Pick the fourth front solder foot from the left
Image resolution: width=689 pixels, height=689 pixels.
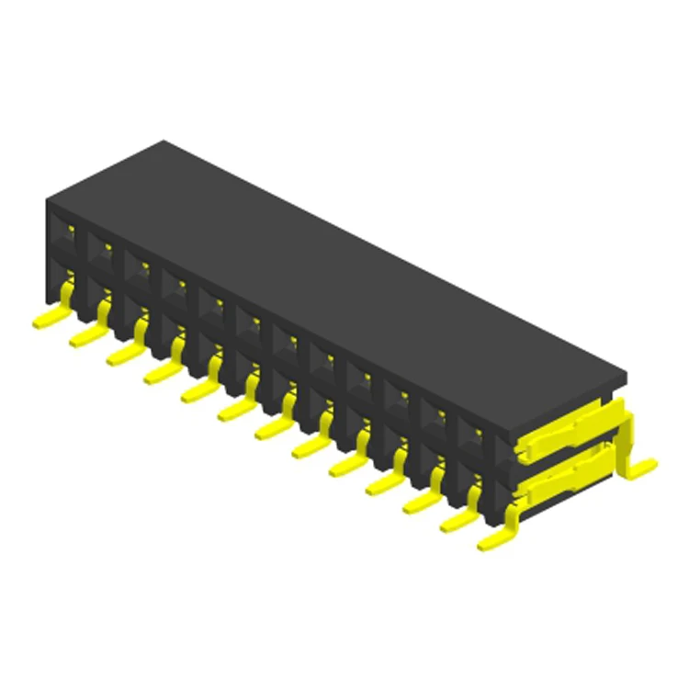(159, 374)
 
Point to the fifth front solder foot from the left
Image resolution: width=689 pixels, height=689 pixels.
(197, 393)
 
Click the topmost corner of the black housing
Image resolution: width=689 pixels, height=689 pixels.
(163, 141)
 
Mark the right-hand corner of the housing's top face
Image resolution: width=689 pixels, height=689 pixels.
(627, 375)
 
